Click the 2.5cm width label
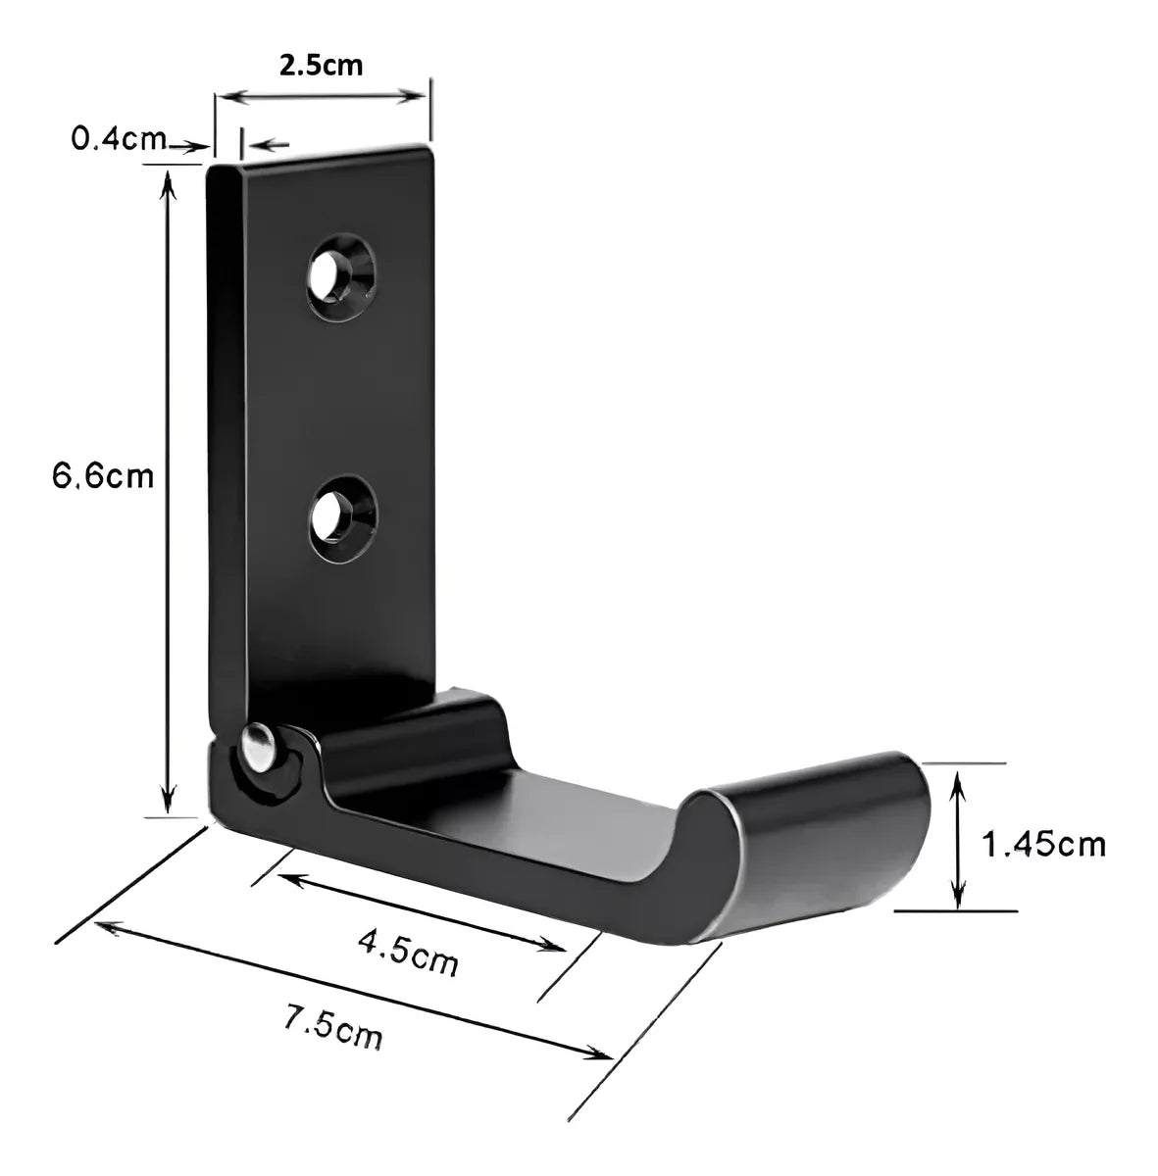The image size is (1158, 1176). point(321,67)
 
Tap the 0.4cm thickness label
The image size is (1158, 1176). point(119,138)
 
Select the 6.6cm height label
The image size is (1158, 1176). point(103,477)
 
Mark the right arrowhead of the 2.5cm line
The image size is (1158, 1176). point(420,95)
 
